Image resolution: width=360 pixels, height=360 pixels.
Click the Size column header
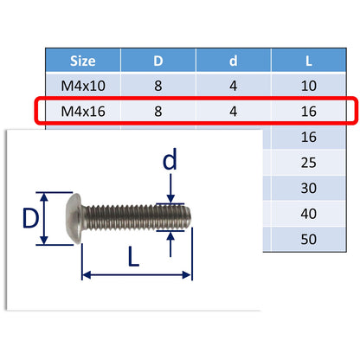[83, 61]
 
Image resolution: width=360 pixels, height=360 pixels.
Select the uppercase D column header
[158, 61]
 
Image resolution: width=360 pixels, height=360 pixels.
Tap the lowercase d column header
[234, 61]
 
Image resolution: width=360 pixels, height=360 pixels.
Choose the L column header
[309, 61]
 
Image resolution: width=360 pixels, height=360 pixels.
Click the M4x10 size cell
[83, 87]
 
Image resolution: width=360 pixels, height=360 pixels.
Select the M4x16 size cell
[83, 112]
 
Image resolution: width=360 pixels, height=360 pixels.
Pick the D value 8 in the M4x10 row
[158, 87]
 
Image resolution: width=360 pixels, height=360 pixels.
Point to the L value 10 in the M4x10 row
[309, 87]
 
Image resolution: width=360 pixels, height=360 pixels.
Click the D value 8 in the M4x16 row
[158, 112]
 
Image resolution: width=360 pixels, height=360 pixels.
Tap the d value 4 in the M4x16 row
[234, 112]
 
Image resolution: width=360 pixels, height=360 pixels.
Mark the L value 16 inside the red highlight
[309, 112]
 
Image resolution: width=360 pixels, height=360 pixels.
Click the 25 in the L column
[309, 163]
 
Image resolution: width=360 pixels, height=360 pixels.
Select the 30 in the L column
[309, 188]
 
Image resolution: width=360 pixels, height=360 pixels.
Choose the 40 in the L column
[309, 213]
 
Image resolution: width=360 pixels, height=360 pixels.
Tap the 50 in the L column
[309, 238]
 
